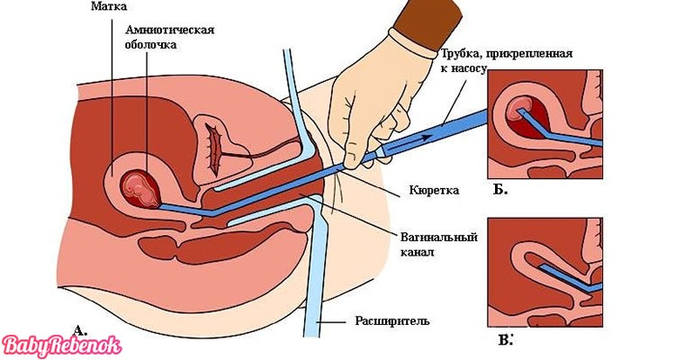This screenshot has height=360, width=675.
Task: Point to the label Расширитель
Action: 398,319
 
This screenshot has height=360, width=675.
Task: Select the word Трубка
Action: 466,54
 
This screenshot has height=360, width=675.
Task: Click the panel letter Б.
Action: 499,190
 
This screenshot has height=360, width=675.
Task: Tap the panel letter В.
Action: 499,338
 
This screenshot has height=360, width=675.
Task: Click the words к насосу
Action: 460,69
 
